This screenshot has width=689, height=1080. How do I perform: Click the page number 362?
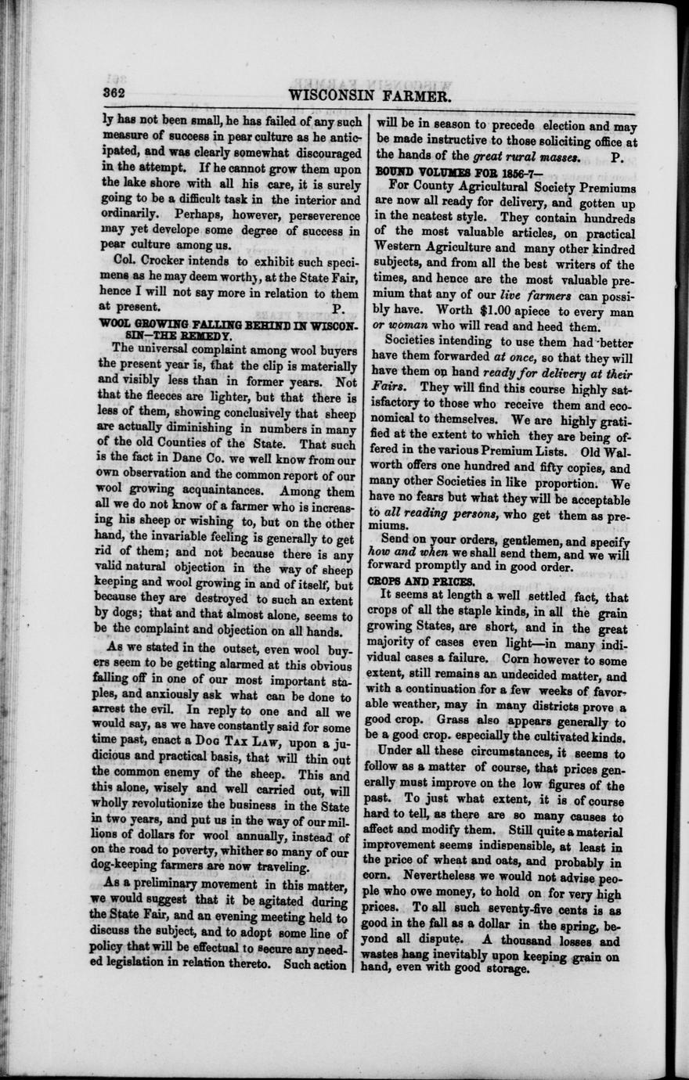(x=114, y=92)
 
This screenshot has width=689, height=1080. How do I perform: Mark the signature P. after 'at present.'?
(x=338, y=308)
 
